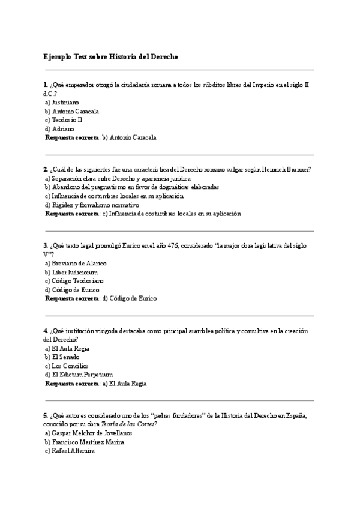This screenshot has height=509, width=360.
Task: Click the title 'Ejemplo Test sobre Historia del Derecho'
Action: click(x=110, y=57)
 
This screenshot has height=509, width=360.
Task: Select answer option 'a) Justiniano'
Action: click(x=62, y=103)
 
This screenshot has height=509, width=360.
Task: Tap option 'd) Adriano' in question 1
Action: click(x=59, y=128)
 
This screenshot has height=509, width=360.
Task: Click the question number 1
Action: click(x=45, y=85)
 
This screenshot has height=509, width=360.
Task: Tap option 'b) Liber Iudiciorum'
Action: click(x=71, y=272)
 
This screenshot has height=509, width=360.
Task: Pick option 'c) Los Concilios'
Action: click(x=67, y=366)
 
